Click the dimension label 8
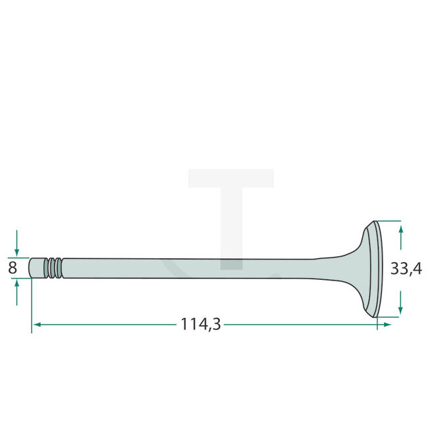point(12,268)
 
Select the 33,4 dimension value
point(406,269)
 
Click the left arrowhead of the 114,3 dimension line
point(37,325)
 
